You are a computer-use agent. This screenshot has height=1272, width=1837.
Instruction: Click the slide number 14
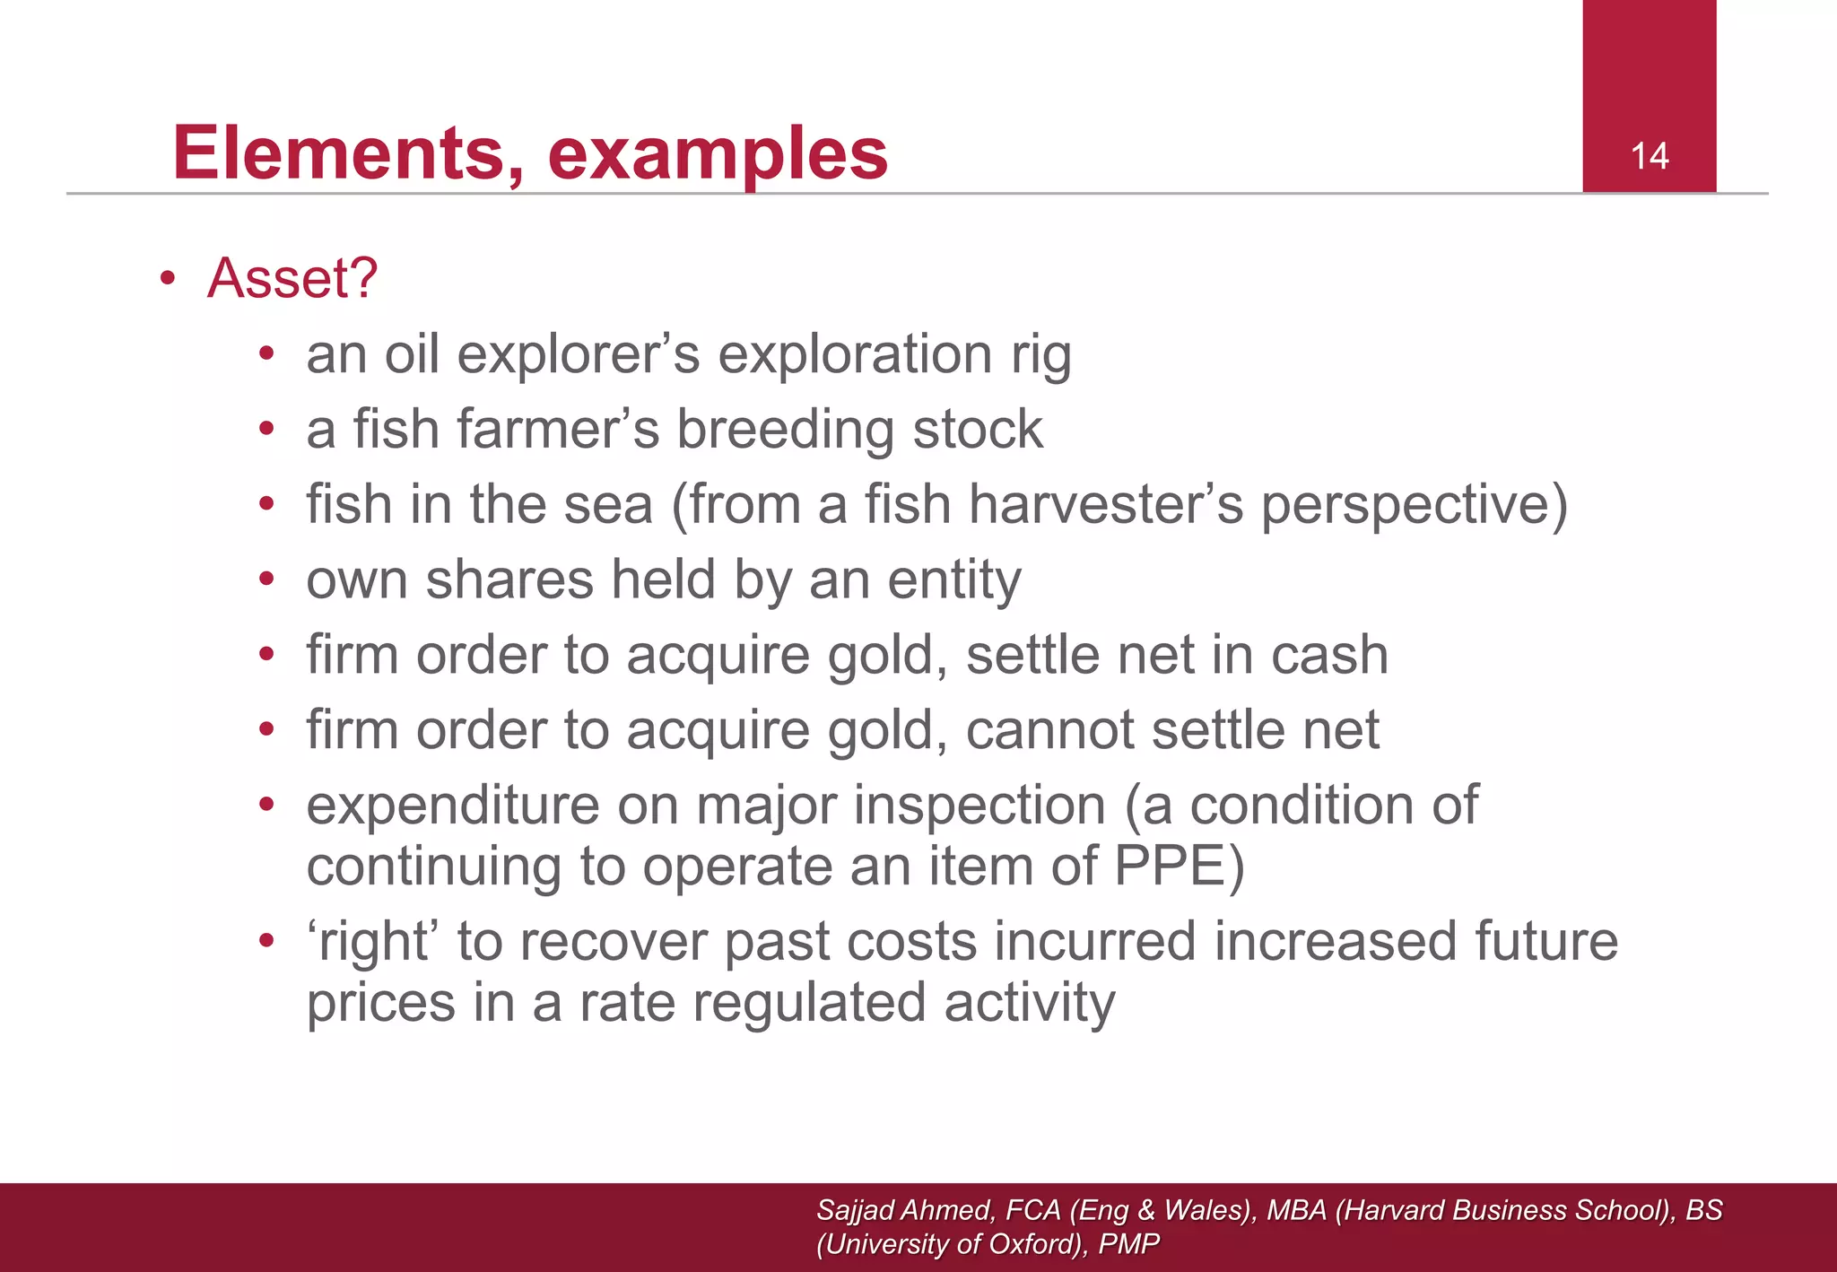1649,157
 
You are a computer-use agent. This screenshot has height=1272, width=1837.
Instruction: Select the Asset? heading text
292,278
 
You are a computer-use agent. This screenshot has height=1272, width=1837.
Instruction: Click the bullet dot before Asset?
167,279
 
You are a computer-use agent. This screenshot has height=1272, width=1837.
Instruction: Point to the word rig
1041,355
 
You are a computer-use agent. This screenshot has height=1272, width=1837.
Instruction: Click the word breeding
786,430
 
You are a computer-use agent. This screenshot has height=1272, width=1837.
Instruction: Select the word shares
509,579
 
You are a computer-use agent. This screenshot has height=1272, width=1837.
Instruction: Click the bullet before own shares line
266,579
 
